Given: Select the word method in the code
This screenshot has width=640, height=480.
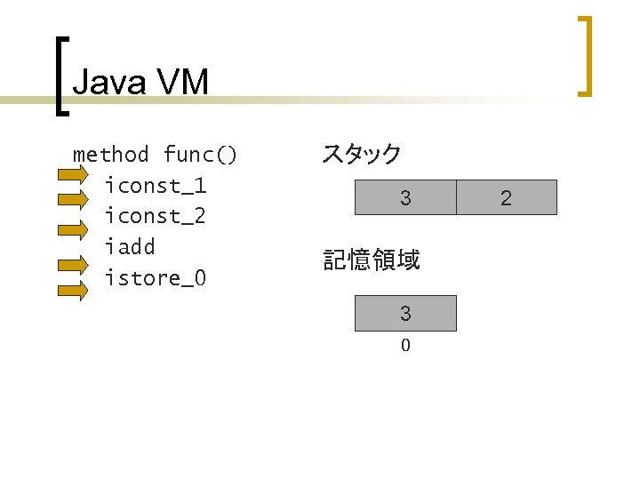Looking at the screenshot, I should point(110,155).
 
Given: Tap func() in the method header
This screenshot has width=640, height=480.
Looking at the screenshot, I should point(200,155).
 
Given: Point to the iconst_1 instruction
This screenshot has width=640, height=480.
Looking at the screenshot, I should point(155,186).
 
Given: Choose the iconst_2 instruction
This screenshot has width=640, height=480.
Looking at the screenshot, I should point(155,216).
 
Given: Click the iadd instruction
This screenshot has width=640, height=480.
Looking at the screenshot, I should point(129,246).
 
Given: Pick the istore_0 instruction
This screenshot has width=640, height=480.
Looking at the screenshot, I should point(155,277).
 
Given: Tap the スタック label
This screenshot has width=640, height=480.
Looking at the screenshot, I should point(361,154).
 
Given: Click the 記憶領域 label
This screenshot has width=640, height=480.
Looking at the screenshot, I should point(372,260).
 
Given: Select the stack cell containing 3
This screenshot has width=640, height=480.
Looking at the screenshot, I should point(405,197).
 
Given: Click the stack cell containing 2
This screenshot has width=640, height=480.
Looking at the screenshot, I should point(506,197).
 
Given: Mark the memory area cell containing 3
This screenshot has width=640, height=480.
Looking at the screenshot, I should point(405,313).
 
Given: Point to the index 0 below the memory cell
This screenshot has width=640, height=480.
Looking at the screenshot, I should point(405,346).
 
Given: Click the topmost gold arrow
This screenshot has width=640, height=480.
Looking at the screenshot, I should point(73,176).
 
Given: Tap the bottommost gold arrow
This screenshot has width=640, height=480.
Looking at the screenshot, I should point(73,288).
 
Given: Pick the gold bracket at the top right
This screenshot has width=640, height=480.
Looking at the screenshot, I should point(584,55).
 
